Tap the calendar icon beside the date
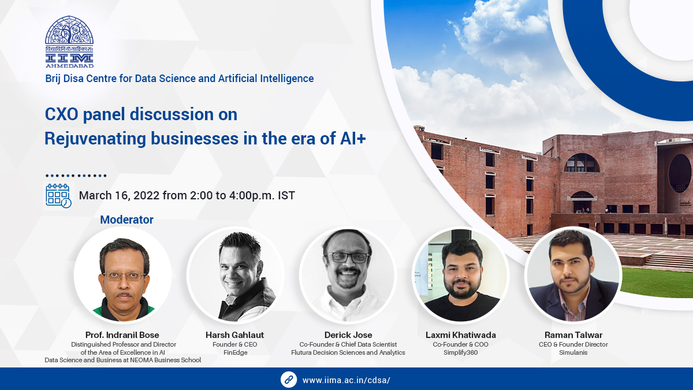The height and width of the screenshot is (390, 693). click(x=58, y=195)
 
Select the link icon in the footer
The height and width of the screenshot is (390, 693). click(x=288, y=380)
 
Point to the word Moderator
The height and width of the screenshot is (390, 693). click(x=126, y=220)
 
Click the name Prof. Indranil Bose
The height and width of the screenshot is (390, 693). click(x=122, y=335)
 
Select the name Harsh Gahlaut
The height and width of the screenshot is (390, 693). click(x=234, y=335)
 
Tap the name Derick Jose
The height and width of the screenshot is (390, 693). click(x=348, y=335)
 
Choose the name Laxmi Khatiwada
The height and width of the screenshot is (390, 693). click(x=460, y=335)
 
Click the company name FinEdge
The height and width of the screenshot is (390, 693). click(x=234, y=352)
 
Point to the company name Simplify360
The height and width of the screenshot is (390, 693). click(x=460, y=352)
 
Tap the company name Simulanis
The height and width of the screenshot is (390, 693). click(x=573, y=352)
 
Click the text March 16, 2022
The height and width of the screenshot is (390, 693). click(x=119, y=195)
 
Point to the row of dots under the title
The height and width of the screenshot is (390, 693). click(x=76, y=176)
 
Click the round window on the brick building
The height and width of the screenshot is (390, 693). click(x=680, y=173)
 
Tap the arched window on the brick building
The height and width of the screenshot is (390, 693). click(x=582, y=163)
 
